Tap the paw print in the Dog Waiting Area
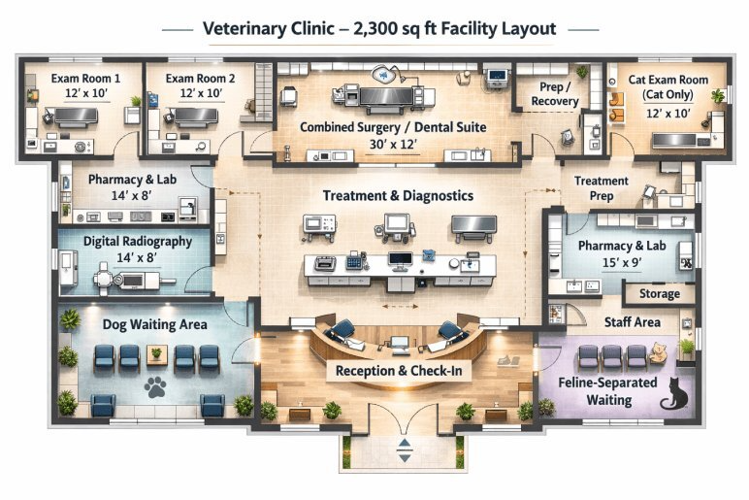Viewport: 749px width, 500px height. click(155, 388)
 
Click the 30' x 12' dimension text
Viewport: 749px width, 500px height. click(393, 144)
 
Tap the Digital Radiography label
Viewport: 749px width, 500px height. click(124, 242)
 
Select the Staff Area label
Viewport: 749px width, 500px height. click(633, 322)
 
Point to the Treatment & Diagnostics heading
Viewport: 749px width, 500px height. click(398, 196)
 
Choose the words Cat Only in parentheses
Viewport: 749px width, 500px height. click(668, 94)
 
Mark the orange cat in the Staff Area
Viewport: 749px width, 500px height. click(658, 351)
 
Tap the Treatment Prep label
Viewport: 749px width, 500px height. click(601, 187)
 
